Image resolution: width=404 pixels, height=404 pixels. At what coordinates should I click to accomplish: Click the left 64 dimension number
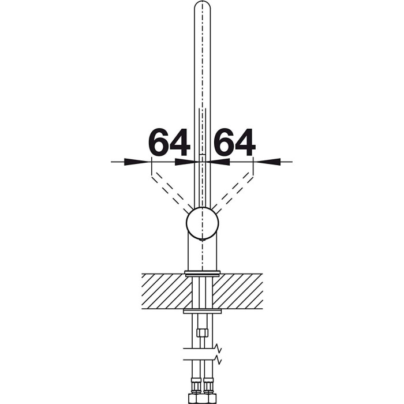pos(169,142)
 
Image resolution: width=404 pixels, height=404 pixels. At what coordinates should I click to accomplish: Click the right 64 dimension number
pos(234,142)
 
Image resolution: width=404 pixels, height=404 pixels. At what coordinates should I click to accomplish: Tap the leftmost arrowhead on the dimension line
pos(136,162)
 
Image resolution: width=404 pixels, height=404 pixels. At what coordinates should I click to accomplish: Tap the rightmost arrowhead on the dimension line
pos(268,162)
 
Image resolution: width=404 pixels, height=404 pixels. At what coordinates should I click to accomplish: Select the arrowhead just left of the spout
pos(185,162)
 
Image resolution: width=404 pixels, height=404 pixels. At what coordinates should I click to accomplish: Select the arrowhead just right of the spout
pos(220,162)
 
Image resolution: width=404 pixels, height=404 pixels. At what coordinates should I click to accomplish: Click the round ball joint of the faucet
pos(202,223)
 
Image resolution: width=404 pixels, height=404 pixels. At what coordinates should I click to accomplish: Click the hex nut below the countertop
pos(202,332)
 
